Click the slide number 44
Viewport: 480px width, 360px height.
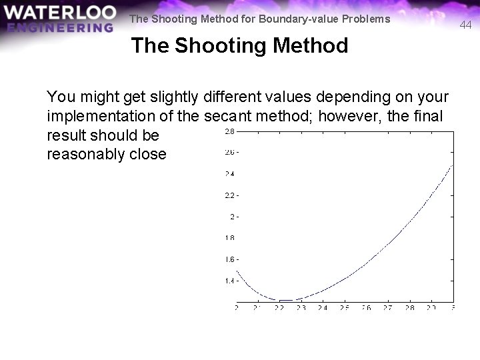point(465,25)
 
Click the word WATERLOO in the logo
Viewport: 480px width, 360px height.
point(59,13)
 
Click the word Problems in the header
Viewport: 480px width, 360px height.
point(366,19)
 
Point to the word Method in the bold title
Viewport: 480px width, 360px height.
point(315,45)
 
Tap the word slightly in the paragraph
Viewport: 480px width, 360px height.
point(160,97)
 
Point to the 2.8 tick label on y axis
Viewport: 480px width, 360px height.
point(228,131)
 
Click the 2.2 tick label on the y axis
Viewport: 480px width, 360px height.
point(228,195)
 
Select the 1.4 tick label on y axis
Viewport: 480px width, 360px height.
point(228,281)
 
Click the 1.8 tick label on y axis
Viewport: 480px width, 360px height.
point(228,238)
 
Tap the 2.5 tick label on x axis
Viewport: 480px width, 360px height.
point(344,308)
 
